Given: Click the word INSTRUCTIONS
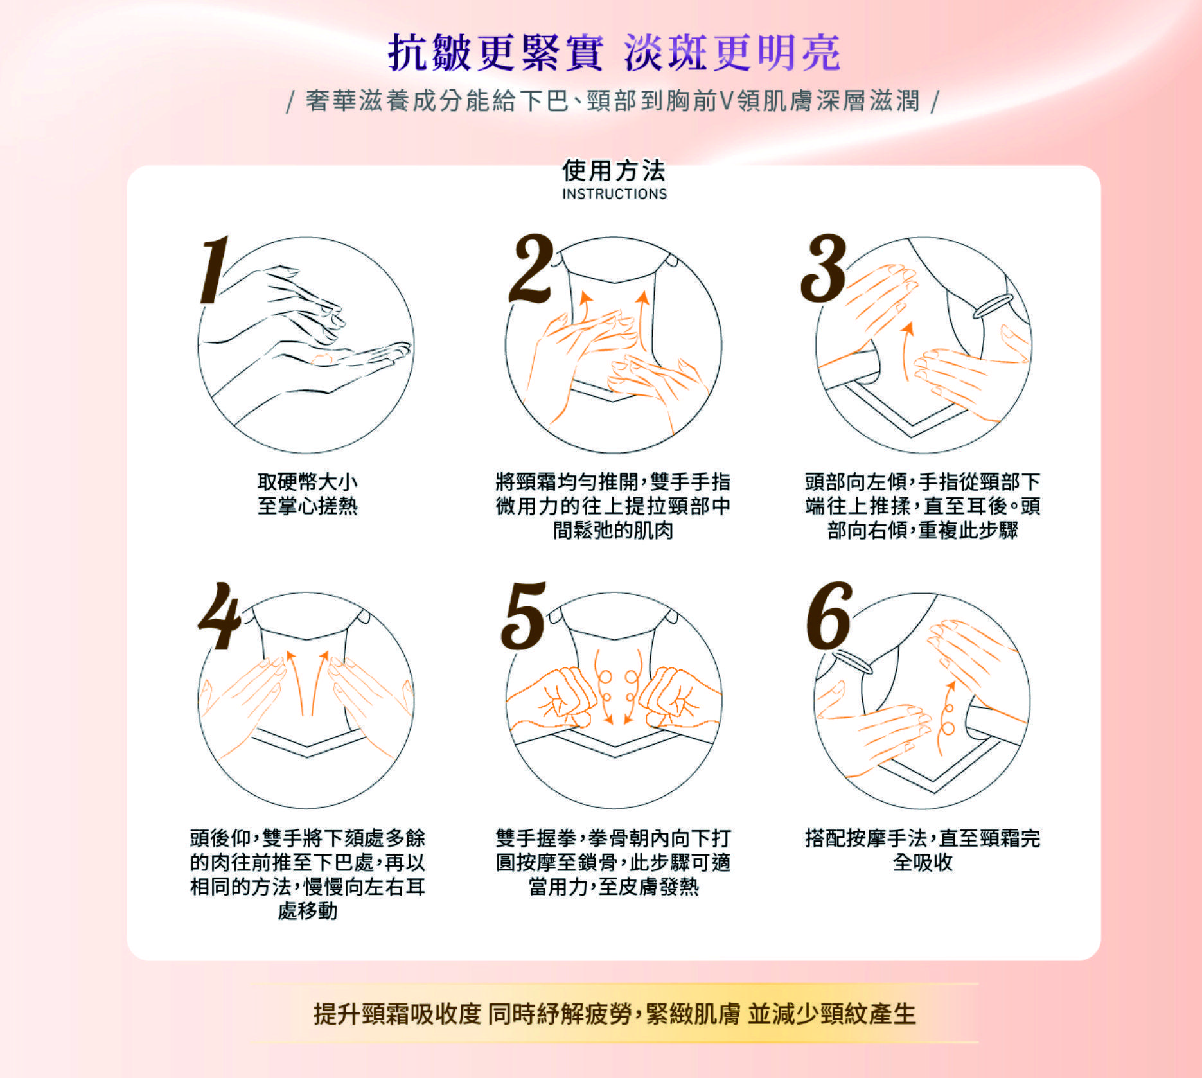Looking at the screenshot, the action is pos(615,193).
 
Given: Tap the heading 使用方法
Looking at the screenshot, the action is pos(614,170).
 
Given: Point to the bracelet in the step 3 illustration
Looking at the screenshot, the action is pos(993,306).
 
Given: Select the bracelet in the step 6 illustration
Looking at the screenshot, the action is pos(854,662).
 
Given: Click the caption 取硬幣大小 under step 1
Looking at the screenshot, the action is pos(307,482).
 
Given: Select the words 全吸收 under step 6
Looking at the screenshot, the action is pos(923,862).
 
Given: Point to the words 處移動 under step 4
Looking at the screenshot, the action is pos(307,911).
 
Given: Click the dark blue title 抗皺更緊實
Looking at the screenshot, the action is pos(495,52).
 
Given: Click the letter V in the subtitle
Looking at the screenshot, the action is pos(725,101).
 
